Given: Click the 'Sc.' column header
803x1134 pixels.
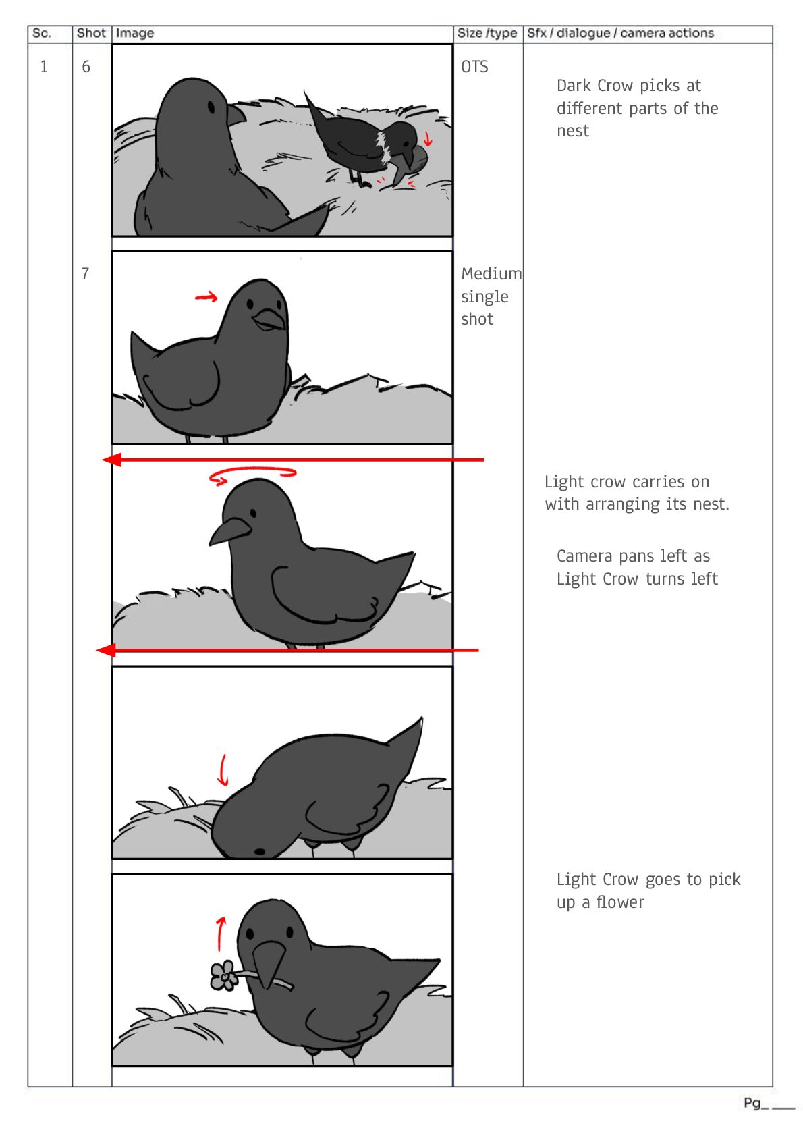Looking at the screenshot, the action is (41, 34).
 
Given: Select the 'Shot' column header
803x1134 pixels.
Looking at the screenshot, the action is (91, 34).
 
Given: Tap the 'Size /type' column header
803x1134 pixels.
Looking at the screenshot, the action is (487, 34).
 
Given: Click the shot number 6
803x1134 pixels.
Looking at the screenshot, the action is (86, 67).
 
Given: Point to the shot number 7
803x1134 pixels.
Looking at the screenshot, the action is (86, 274).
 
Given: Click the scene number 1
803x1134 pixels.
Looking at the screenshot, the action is (44, 67).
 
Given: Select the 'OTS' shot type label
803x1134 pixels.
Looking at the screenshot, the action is (474, 67).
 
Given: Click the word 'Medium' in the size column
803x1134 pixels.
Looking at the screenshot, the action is (491, 274).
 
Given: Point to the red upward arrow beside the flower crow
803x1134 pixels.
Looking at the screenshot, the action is (220, 934).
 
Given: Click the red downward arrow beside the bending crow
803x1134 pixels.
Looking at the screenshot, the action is (222, 770).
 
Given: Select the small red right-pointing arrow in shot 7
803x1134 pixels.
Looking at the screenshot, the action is (206, 297).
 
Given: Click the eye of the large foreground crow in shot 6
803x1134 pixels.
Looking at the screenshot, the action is (211, 107).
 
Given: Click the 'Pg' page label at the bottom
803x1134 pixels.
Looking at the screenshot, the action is (752, 1103).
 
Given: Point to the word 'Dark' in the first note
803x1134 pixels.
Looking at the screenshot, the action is (574, 86).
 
